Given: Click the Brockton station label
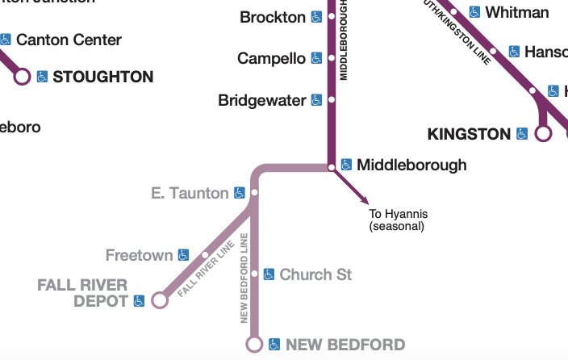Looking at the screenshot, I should click(x=273, y=16).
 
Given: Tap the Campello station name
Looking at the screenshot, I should click(x=271, y=58).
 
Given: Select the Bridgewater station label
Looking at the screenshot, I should click(x=262, y=101).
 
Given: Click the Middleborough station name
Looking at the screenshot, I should click(x=411, y=165).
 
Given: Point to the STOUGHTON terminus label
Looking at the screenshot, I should click(x=102, y=77).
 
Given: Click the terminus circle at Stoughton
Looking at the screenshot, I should click(x=22, y=77).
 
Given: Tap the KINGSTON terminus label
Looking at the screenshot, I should click(x=469, y=133).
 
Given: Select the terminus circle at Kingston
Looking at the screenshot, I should click(x=543, y=133).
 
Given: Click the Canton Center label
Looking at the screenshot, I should click(x=69, y=40).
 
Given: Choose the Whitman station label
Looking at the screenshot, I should click(x=517, y=12).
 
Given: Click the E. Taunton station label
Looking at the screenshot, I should click(x=190, y=193).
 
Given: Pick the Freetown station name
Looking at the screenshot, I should click(x=139, y=255).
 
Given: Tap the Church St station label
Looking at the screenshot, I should click(x=315, y=274).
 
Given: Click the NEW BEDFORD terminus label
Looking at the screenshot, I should click(x=345, y=345).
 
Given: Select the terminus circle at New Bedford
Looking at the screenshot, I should click(x=254, y=345).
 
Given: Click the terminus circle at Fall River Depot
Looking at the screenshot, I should click(x=160, y=300).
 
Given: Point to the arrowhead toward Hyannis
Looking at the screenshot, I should click(x=365, y=200).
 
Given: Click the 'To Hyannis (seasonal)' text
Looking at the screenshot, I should click(x=398, y=220).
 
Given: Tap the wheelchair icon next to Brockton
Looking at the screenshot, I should click(x=317, y=16).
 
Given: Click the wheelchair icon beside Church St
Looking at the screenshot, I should click(x=269, y=274).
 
